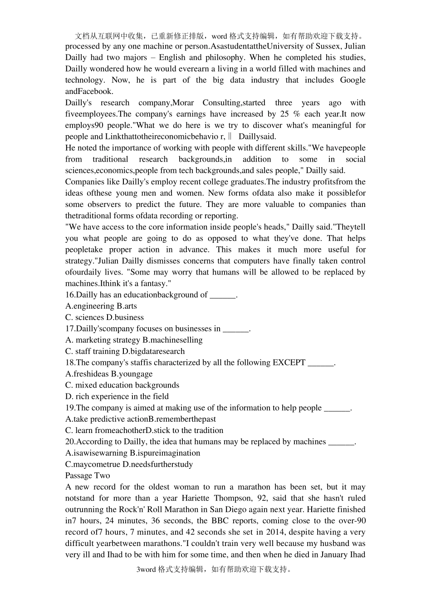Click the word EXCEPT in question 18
tap(289, 363)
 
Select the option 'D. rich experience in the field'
tap(117, 396)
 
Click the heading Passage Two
tap(88, 476)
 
